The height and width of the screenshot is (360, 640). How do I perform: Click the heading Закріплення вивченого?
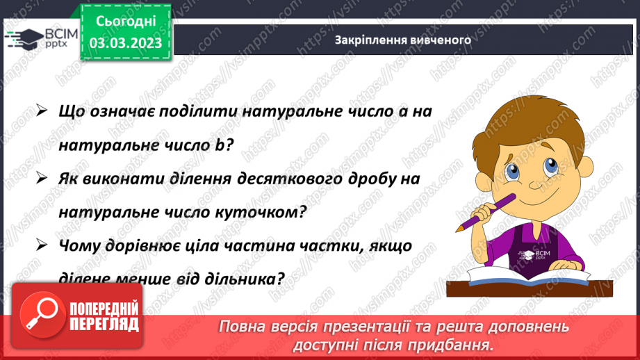403,40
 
